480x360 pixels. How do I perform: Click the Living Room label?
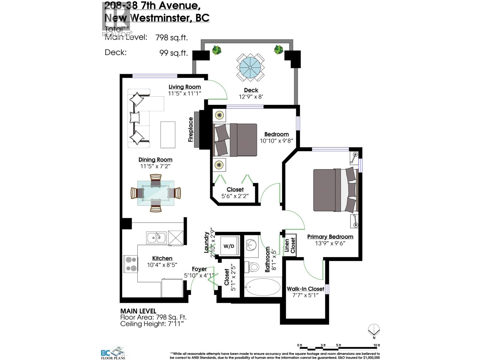click(184, 87)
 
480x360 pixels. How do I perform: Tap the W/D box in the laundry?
click(229, 246)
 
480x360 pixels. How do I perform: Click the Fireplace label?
click(190, 130)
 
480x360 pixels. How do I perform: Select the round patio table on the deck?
click(250, 67)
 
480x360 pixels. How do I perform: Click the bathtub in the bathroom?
click(263, 287)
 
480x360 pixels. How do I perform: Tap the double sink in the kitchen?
click(156, 238)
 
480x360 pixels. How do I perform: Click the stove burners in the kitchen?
click(130, 263)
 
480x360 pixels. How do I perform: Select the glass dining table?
click(156, 193)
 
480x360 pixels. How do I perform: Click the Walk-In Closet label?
click(305, 289)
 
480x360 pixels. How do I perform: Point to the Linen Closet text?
click(290, 245)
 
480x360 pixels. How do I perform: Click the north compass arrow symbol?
click(373, 330)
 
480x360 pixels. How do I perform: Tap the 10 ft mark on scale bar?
click(377, 345)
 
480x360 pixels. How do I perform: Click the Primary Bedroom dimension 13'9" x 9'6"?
click(330, 243)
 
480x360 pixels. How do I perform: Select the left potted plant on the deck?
click(216, 50)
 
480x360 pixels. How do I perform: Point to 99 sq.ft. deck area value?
click(173, 53)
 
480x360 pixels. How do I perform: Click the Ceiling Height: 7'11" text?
click(152, 324)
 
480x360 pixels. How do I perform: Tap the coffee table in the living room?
click(168, 135)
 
